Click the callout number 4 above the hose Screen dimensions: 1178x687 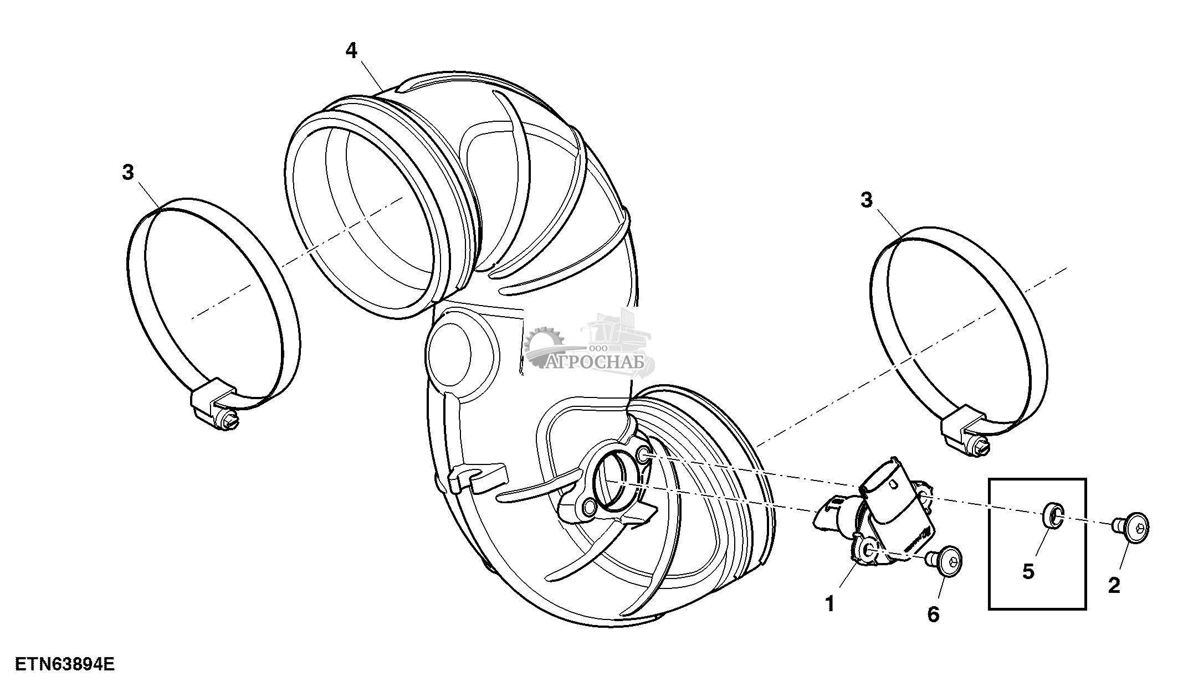pyautogui.click(x=351, y=51)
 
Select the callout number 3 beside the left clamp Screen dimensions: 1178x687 pyautogui.click(x=128, y=173)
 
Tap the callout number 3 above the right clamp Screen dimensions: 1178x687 pyautogui.click(x=867, y=200)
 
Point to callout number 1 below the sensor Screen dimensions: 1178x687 pyautogui.click(x=829, y=604)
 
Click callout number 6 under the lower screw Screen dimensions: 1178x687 pyautogui.click(x=934, y=614)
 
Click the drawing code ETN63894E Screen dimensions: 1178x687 pyautogui.click(x=65, y=664)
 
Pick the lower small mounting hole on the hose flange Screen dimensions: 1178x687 pyautogui.click(x=590, y=506)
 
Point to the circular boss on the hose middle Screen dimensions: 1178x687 pyautogui.click(x=449, y=350)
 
